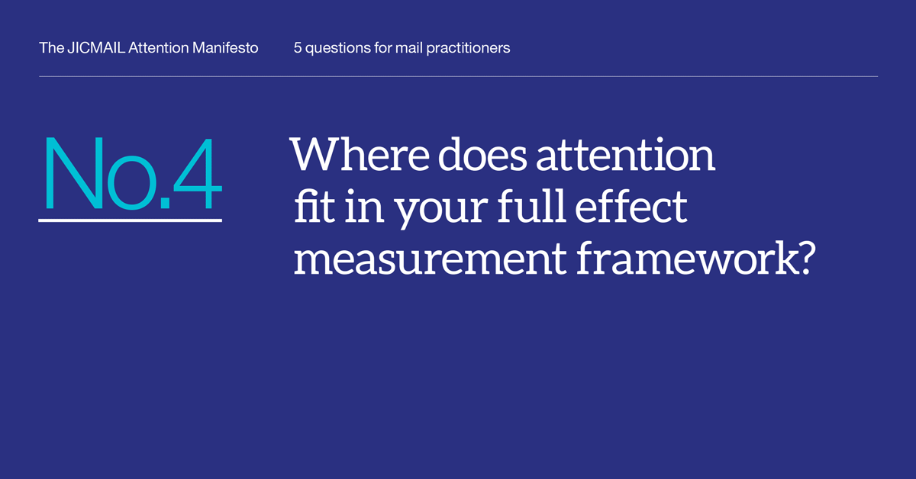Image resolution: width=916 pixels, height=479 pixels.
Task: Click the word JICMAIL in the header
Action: tap(96, 48)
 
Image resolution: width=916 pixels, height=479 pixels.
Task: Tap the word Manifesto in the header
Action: tap(225, 48)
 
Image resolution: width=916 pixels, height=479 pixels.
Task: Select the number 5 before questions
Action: tap(297, 48)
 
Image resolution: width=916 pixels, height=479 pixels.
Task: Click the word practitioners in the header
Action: tap(468, 49)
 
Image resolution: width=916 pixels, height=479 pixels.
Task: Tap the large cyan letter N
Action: tap(74, 173)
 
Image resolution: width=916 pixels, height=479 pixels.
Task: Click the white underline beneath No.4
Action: tap(130, 220)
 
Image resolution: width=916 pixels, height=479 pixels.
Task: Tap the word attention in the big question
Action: tap(625, 155)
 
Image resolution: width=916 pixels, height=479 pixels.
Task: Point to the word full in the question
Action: tap(531, 206)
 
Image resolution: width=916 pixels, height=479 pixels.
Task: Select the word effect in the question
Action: tap(631, 206)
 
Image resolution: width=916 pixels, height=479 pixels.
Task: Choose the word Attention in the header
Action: tap(158, 48)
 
